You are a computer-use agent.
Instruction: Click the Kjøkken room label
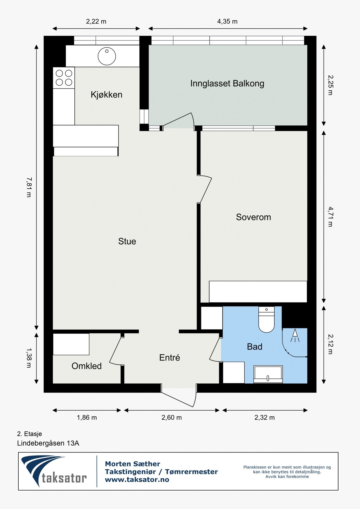[107, 95]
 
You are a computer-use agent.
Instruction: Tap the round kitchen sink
[107, 56]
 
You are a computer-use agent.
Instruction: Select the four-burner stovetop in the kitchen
[64, 78]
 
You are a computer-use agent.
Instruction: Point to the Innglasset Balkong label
[227, 84]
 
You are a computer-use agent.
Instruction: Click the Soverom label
[253, 217]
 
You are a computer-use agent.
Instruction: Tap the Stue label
[127, 241]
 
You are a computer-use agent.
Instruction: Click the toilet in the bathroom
[266, 320]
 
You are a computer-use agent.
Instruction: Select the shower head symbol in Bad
[295, 335]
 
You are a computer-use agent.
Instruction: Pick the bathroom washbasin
[268, 374]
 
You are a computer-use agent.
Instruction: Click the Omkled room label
[87, 366]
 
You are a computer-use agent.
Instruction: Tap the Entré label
[169, 358]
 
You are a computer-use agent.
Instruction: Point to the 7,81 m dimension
[29, 187]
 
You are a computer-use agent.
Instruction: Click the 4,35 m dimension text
[227, 21]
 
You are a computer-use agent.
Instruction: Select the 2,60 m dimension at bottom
[172, 418]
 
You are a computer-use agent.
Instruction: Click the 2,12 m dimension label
[330, 344]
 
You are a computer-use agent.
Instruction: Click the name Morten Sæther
[132, 464]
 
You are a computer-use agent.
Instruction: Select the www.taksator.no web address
[137, 480]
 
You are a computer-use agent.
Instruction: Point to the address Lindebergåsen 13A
[48, 443]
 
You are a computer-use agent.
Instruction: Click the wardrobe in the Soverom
[258, 292]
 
